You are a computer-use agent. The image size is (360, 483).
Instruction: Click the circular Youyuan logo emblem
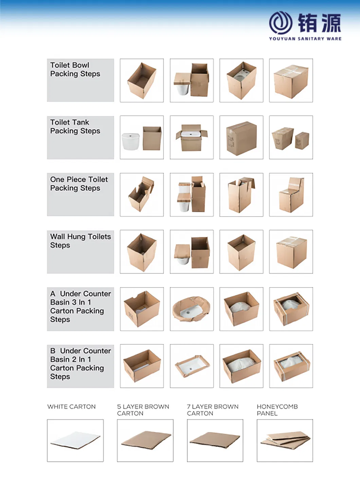pos(281,23)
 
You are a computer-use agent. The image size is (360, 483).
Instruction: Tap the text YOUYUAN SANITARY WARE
pos(305,39)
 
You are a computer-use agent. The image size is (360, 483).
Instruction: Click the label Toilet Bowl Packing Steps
pos(75,70)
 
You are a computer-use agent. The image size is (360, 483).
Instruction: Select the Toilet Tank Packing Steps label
pos(75,127)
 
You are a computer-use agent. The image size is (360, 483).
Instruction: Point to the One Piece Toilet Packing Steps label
pos(79,184)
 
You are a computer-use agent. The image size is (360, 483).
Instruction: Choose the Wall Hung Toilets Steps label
pos(80,241)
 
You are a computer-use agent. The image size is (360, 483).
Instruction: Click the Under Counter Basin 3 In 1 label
pos(80,306)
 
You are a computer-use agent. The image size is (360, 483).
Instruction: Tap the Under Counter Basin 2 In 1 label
pos(80,364)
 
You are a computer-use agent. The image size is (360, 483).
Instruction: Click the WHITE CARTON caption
pos(71,407)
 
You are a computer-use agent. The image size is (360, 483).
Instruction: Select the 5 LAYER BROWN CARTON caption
pos(143,410)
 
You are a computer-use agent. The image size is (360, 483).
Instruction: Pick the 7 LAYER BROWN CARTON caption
pos(213,410)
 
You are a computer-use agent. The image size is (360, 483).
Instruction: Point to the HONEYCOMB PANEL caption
pos(277,410)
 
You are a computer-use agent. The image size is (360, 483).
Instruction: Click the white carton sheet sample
pos(75,440)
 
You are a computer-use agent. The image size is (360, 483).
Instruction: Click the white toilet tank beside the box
pos(131,142)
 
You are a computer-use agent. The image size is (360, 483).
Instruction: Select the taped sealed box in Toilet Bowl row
pos(291,81)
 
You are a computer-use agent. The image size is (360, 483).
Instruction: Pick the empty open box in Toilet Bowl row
pos(142,81)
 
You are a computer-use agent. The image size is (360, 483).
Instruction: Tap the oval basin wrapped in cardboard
pos(192,309)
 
